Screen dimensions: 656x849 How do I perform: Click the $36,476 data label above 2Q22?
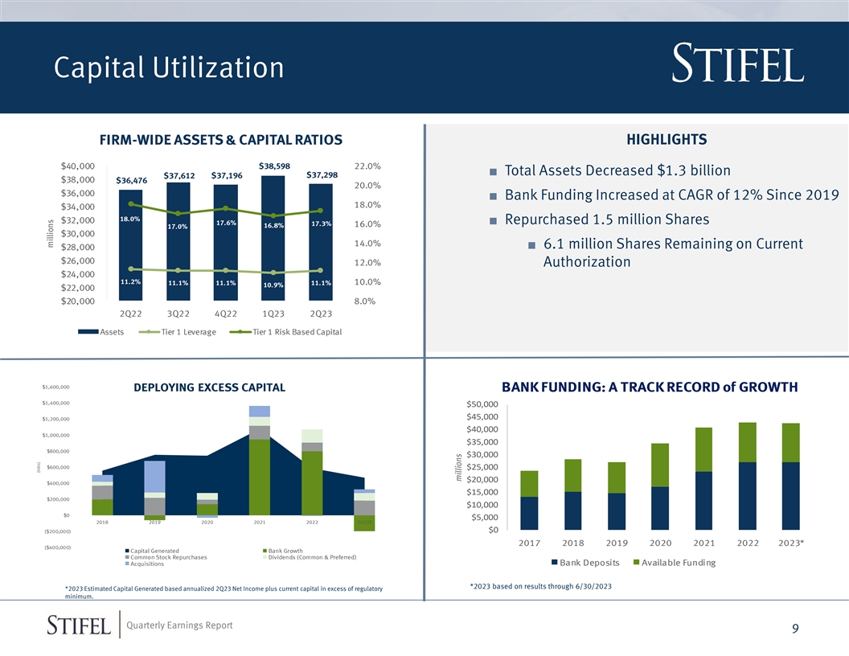tap(131, 181)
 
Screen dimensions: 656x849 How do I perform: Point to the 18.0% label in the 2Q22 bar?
tap(130, 219)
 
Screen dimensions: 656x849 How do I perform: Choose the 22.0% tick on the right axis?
tap(367, 166)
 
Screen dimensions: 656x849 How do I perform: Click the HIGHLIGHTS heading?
tap(666, 140)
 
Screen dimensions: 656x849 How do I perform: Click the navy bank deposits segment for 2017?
tap(530, 513)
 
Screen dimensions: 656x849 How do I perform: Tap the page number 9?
tap(794, 629)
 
